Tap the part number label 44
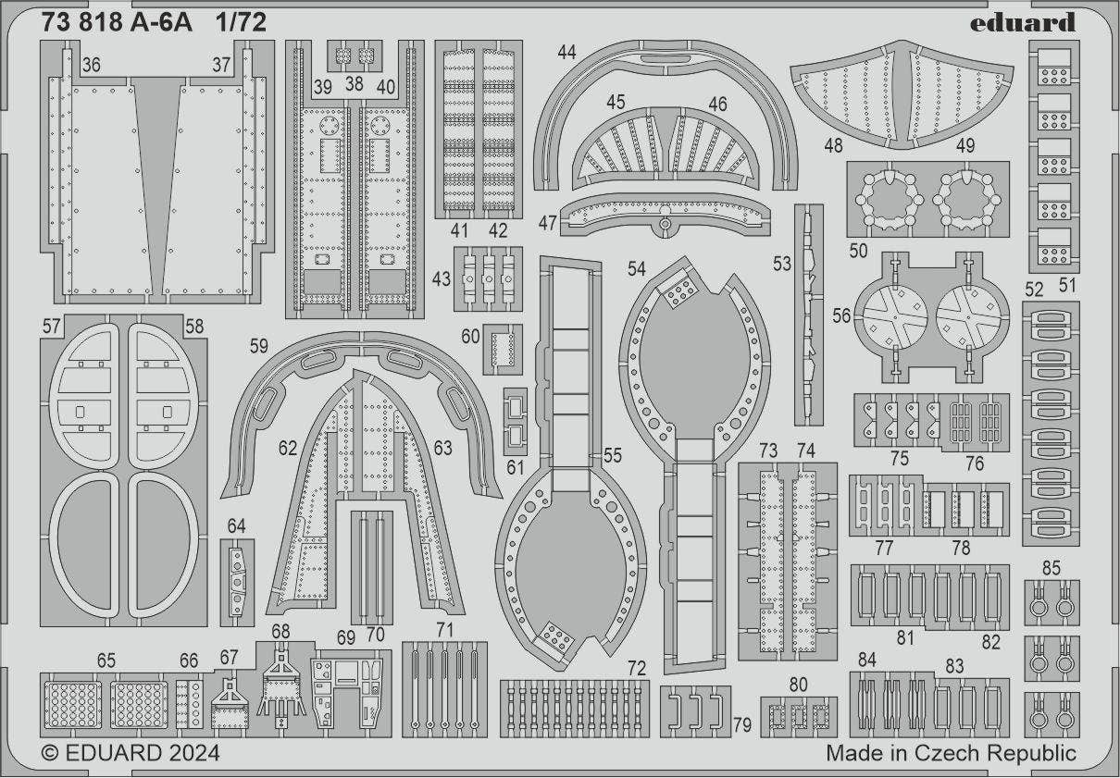pyautogui.click(x=566, y=53)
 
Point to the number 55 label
pyautogui.click(x=612, y=455)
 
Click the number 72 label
pyautogui.click(x=636, y=668)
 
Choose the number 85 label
pyautogui.click(x=1051, y=568)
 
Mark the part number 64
pyautogui.click(x=236, y=526)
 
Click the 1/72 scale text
pyautogui.click(x=239, y=24)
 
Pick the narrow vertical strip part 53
pyautogui.click(x=808, y=315)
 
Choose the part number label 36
pyautogui.click(x=91, y=65)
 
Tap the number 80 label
pyautogui.click(x=799, y=685)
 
